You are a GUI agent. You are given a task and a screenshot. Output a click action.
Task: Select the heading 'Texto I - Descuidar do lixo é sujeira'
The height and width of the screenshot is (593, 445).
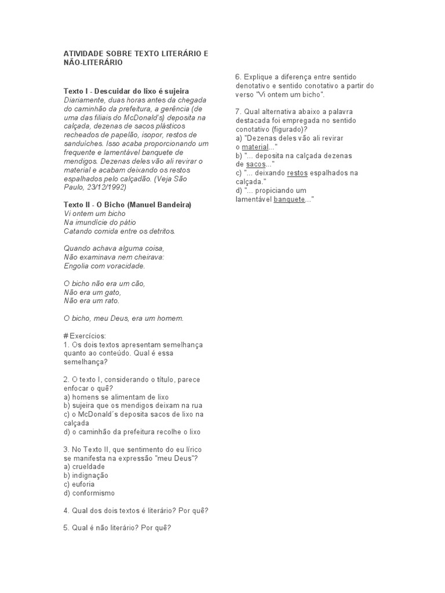[x=126, y=91]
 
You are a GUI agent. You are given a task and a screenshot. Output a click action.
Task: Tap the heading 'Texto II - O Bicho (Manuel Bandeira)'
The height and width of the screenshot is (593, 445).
[x=127, y=205]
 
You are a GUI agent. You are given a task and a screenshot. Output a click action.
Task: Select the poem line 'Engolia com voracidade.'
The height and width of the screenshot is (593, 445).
[x=105, y=266]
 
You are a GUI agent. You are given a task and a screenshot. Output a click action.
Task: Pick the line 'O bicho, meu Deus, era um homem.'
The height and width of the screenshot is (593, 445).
[x=123, y=319]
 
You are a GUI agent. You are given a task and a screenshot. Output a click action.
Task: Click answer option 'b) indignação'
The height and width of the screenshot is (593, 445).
[x=86, y=475]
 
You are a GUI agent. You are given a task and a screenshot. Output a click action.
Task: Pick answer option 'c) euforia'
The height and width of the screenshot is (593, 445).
[x=79, y=484]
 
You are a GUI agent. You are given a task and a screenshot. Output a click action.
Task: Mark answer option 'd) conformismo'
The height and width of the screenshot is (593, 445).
[x=90, y=493]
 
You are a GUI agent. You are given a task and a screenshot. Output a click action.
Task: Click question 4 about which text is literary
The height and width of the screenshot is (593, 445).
[x=136, y=510]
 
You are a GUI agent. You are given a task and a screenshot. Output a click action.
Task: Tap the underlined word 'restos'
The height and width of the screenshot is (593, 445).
[x=297, y=173]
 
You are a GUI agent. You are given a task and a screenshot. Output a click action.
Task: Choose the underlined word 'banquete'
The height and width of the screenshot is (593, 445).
[x=288, y=199]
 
